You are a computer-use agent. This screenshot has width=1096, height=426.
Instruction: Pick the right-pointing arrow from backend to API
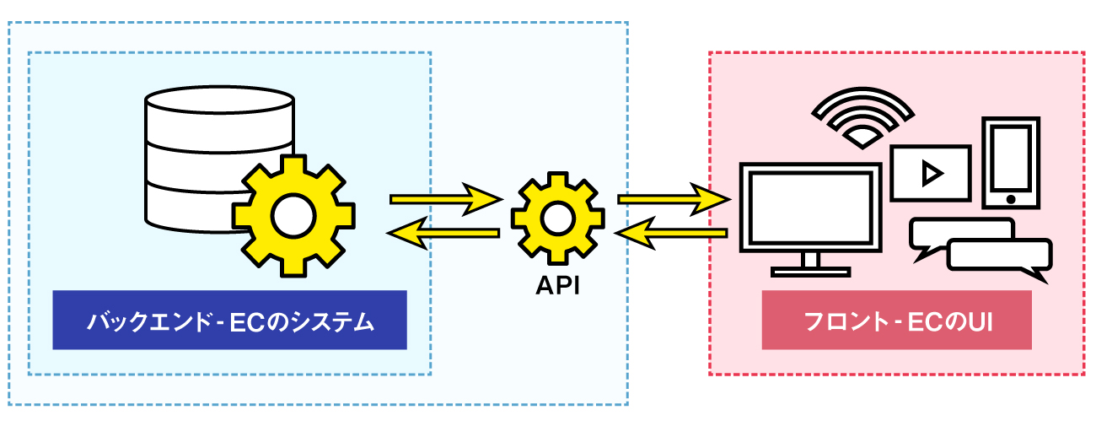[446, 199]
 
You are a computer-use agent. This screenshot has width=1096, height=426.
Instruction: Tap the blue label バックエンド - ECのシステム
[229, 321]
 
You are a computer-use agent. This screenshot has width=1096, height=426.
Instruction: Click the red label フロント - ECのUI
[896, 321]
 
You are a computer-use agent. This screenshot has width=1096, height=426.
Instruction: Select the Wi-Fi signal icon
[862, 118]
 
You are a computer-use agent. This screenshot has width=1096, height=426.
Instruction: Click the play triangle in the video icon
[931, 173]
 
